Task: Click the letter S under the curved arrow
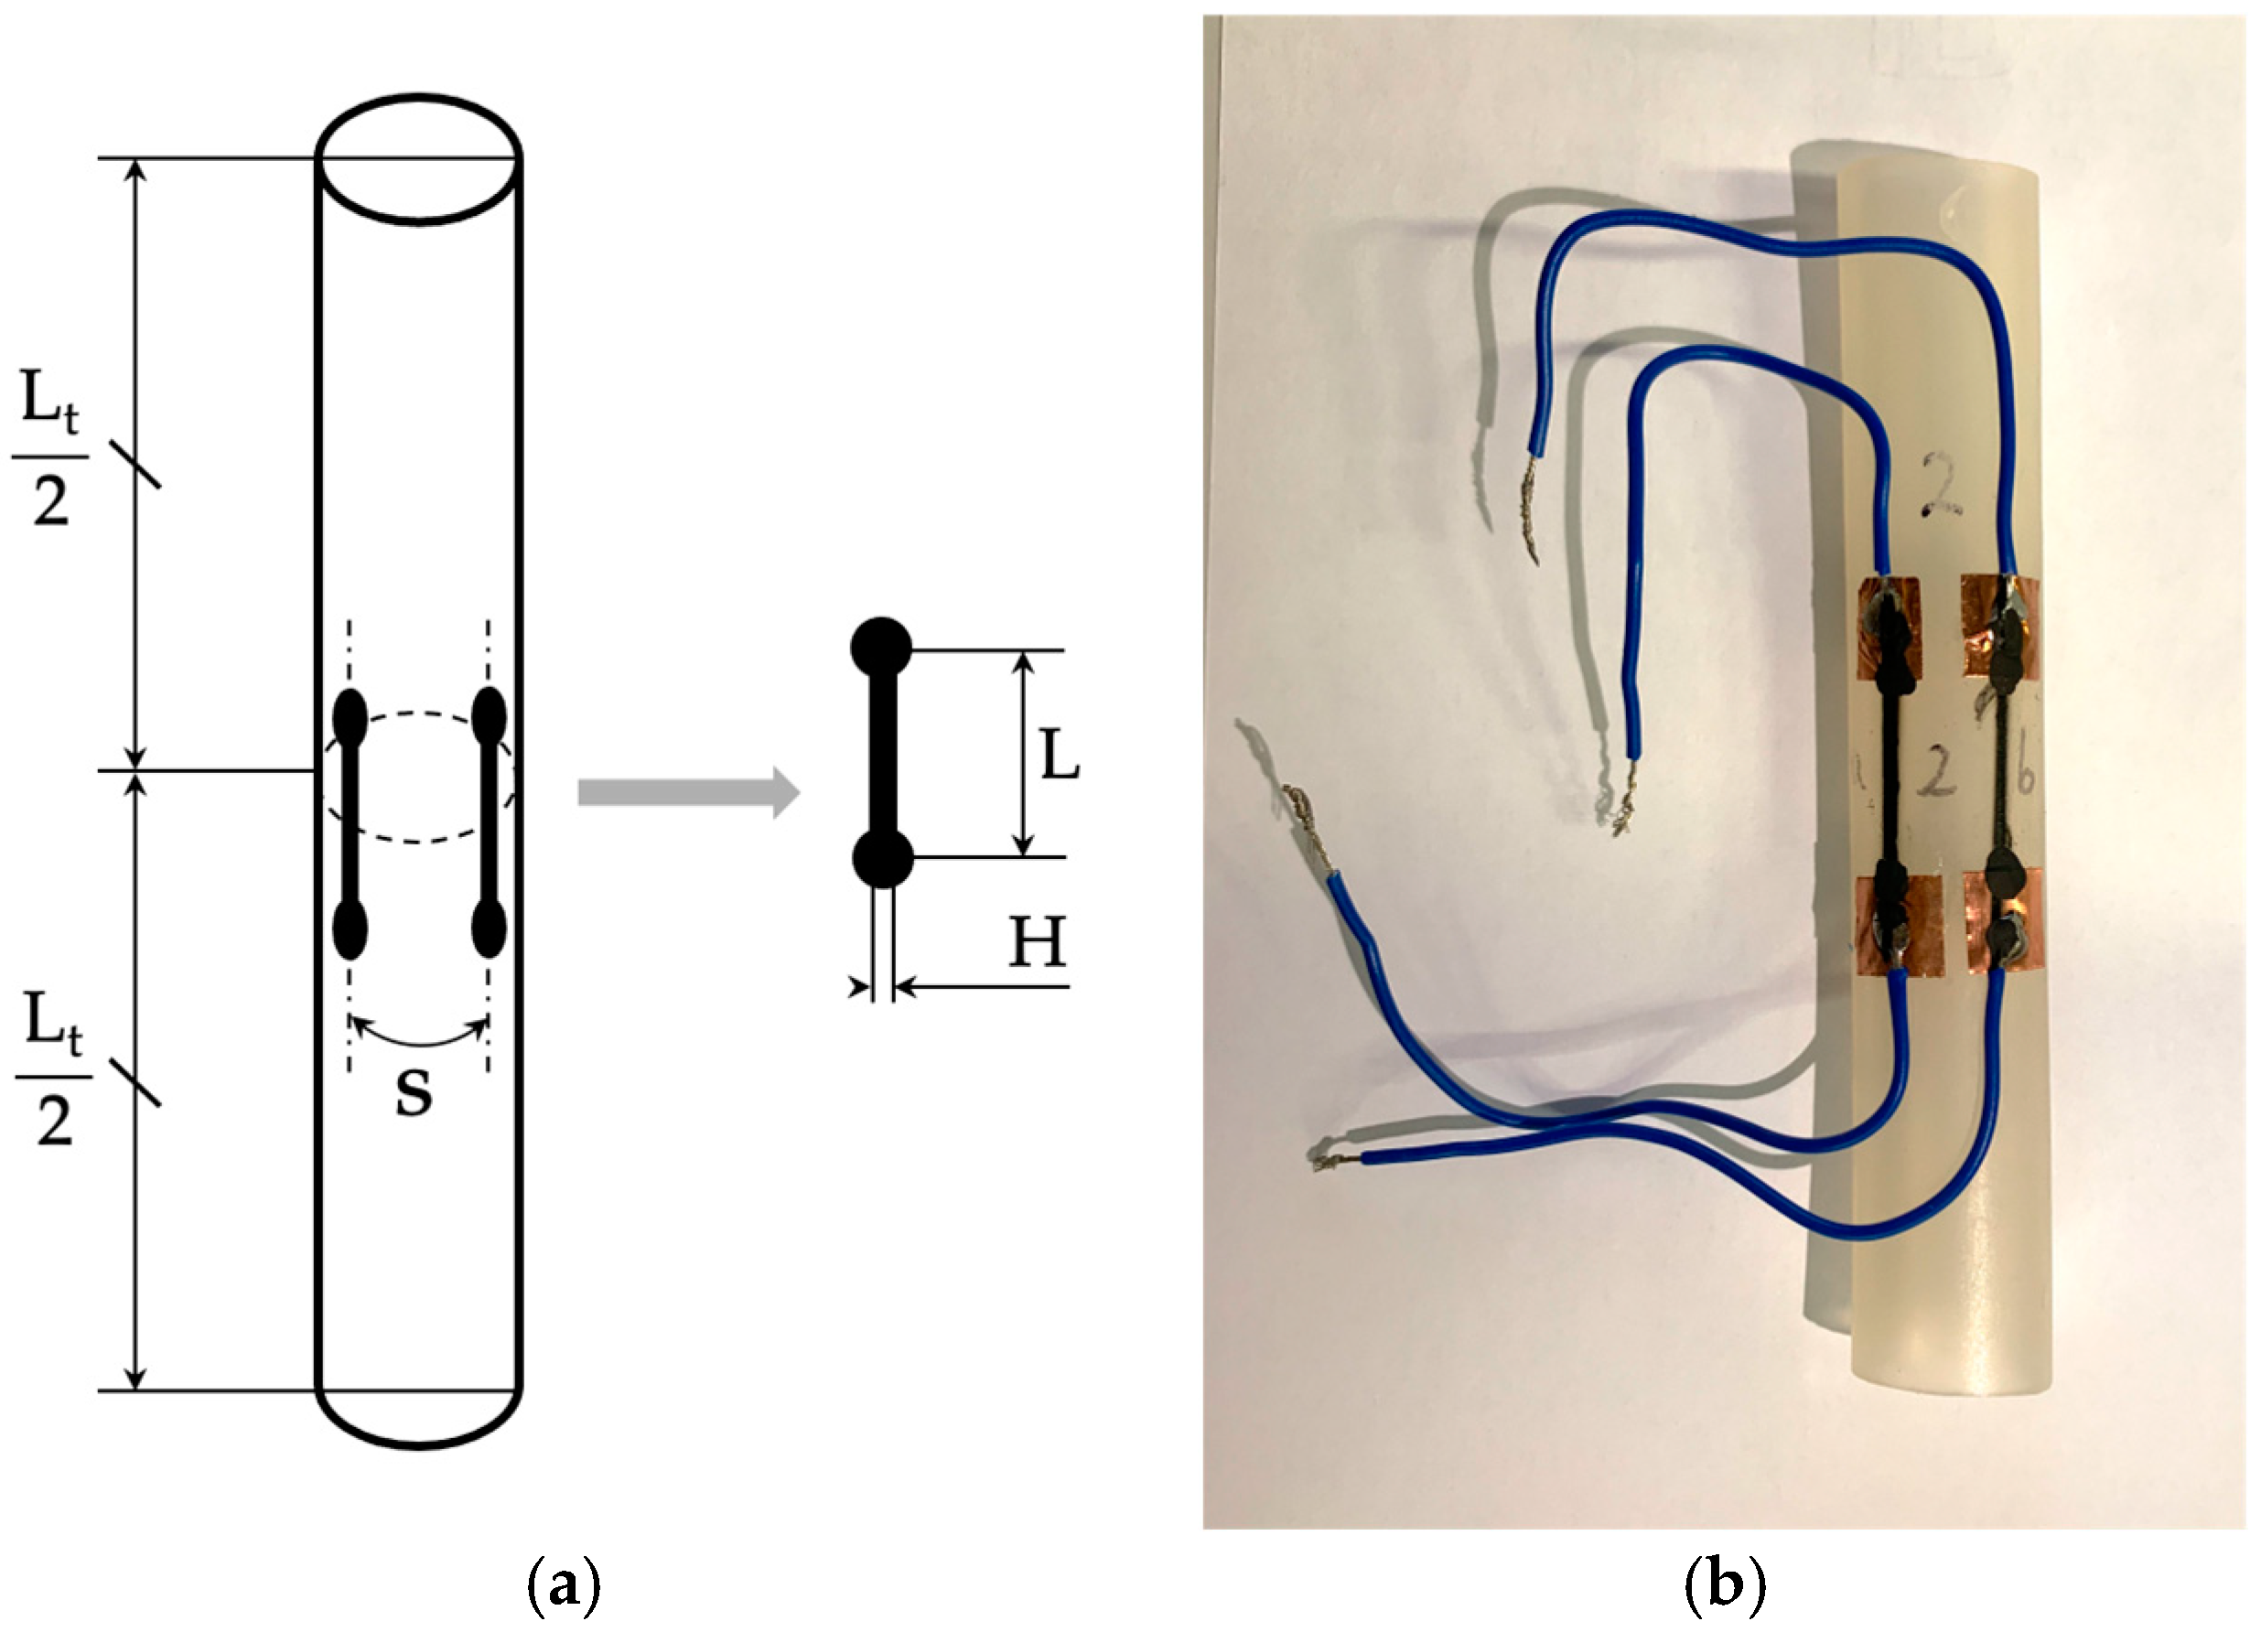click(x=413, y=1094)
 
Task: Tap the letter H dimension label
click(x=1037, y=942)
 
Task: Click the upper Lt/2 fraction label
click(x=49, y=459)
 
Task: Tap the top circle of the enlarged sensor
click(x=880, y=649)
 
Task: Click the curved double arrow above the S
click(x=418, y=1036)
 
